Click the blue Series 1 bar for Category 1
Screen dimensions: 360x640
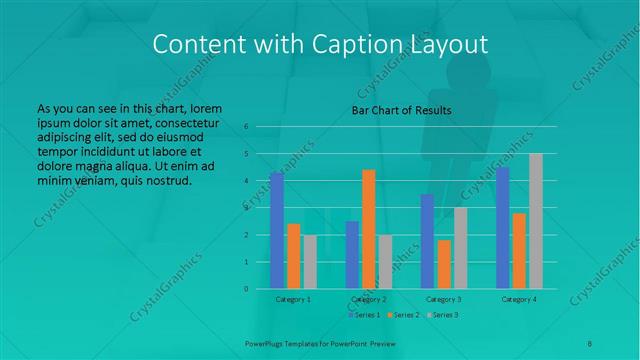(277, 231)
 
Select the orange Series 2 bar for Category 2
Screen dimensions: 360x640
(368, 229)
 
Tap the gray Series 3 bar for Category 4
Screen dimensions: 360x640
(535, 221)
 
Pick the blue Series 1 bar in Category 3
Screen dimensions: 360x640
(427, 241)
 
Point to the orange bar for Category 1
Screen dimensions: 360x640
(293, 256)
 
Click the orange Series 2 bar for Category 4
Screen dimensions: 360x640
(519, 251)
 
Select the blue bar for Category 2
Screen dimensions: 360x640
(352, 255)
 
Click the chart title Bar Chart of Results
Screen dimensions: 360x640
(401, 110)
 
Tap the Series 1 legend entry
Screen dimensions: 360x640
(363, 315)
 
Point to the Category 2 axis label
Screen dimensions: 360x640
(369, 299)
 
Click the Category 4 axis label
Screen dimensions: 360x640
(519, 299)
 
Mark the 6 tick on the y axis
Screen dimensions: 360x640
(246, 127)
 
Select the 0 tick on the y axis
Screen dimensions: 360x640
(246, 289)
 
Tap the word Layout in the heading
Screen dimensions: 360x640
(446, 44)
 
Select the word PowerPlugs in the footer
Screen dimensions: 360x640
(265, 342)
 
